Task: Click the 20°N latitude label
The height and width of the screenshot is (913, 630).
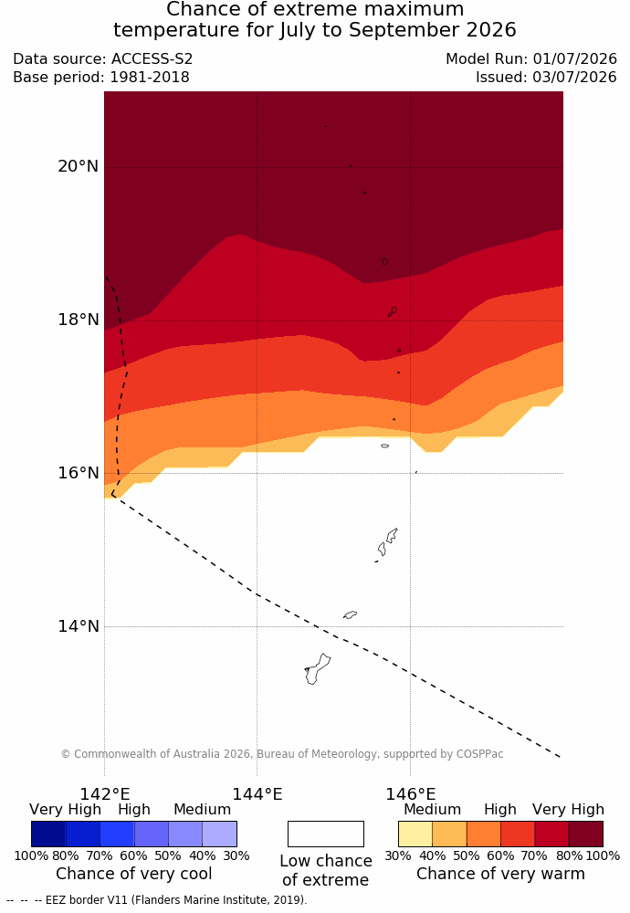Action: (x=78, y=166)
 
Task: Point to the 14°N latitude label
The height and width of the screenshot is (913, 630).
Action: (x=78, y=626)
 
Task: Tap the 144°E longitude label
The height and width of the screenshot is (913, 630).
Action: (x=257, y=794)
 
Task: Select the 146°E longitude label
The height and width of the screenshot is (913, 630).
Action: (x=411, y=794)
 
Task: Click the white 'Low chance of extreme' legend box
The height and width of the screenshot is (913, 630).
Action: (x=325, y=834)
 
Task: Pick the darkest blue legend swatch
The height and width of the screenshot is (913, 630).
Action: (x=48, y=834)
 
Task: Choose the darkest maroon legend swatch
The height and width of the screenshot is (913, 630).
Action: (x=586, y=834)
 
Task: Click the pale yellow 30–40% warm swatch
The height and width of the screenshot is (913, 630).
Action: (x=415, y=834)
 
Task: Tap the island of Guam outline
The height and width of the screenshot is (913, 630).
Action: (x=317, y=669)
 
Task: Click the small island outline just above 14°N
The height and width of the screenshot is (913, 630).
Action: (x=350, y=614)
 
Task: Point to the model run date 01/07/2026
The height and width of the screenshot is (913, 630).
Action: (x=574, y=58)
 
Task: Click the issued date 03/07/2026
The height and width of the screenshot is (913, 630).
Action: (x=574, y=77)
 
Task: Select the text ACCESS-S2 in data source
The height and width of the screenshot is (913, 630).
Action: (x=152, y=58)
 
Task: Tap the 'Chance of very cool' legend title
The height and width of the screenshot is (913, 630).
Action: (x=134, y=874)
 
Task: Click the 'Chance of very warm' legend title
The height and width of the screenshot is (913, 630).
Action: (x=500, y=874)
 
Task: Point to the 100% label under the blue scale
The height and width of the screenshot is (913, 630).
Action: (x=31, y=855)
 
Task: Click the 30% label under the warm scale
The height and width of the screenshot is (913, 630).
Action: (x=398, y=855)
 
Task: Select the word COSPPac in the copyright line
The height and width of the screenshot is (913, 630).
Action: (x=479, y=753)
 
